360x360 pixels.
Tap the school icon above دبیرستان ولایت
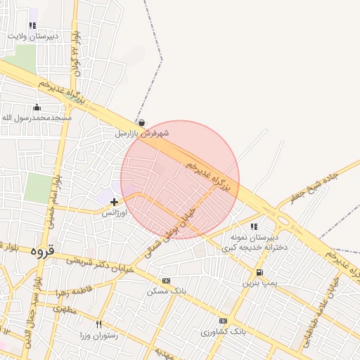[x=32, y=26]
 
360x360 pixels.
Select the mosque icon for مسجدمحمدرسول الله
[x=37, y=108]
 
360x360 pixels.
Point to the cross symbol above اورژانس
[x=114, y=202]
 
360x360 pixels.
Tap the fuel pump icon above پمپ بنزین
[x=260, y=273]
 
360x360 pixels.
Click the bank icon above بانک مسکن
[x=166, y=281]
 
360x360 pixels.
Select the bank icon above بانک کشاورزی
[x=223, y=321]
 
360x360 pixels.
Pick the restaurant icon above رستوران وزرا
[x=98, y=324]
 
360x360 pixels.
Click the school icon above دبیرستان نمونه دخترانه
[x=254, y=227]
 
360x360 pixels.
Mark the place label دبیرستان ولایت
[x=33, y=36]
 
